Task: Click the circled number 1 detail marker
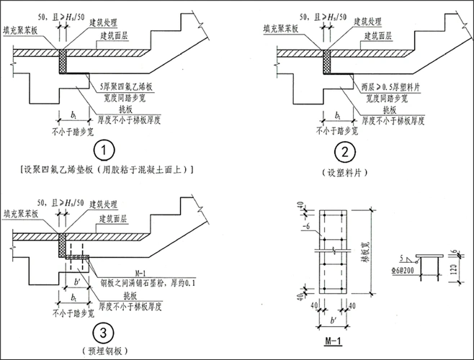(106, 151)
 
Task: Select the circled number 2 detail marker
(347, 152)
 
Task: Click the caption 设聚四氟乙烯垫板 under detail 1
(106, 169)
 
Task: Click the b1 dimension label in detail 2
(338, 114)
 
